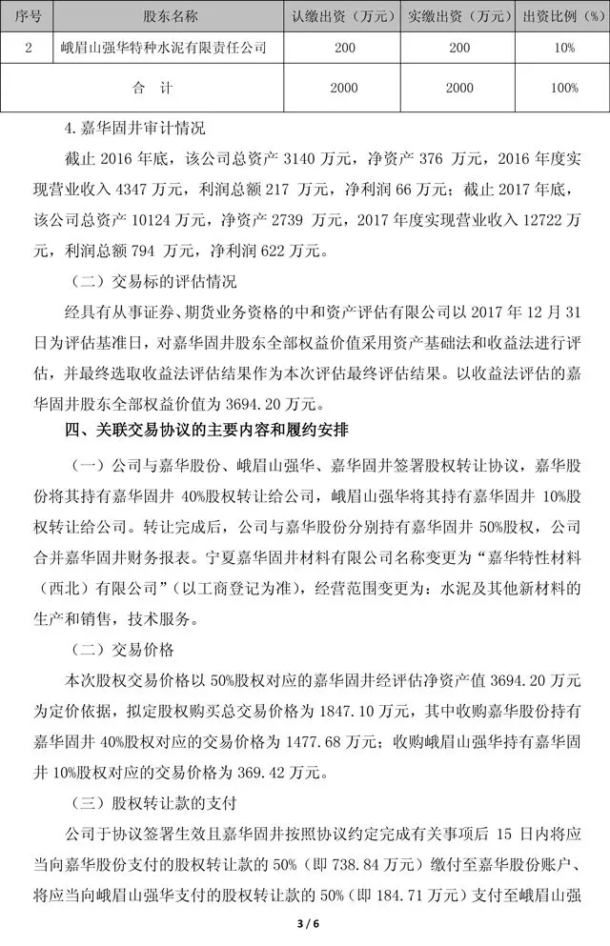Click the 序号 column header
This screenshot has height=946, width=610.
click(x=27, y=15)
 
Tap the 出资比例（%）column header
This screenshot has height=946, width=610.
click(x=563, y=15)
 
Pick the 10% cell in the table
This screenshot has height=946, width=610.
click(x=563, y=46)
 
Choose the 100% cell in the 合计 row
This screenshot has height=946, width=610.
click(x=563, y=88)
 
